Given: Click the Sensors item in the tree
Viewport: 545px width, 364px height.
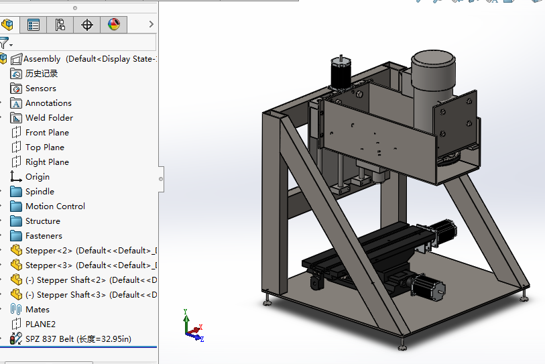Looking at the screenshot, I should (40, 88).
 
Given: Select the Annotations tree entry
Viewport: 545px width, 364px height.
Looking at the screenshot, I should (48, 103).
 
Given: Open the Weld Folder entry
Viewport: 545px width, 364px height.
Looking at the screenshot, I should (49, 118).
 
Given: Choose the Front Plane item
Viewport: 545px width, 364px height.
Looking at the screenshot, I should (47, 133).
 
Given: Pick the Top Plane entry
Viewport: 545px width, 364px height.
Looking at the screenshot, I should (45, 147).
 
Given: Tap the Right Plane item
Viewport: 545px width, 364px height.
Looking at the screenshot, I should (47, 162).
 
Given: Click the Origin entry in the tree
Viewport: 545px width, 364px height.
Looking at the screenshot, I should (38, 177).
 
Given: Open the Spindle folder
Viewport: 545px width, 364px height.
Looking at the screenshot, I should (40, 192).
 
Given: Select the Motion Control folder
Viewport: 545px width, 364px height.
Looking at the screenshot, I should (55, 206).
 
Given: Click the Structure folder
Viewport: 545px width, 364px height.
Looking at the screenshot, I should (43, 221).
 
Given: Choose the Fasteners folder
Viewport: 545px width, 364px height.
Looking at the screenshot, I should (44, 236).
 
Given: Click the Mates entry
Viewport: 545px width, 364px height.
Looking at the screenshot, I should (38, 310).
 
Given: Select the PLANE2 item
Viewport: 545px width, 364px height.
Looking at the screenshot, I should (40, 324).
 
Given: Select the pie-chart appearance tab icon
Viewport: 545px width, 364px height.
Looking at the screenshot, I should (113, 25).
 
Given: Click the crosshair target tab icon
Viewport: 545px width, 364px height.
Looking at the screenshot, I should (87, 25).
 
